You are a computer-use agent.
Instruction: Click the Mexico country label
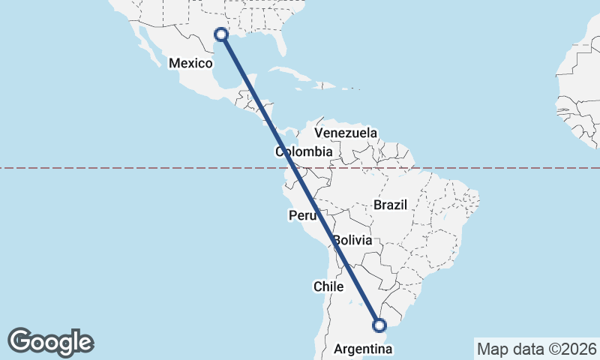click(x=190, y=64)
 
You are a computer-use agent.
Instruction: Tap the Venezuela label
click(x=346, y=133)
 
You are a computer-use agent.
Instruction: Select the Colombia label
click(x=304, y=152)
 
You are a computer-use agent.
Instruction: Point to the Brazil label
click(x=389, y=205)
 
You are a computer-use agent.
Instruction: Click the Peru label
click(x=302, y=216)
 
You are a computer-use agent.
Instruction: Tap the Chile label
click(x=328, y=286)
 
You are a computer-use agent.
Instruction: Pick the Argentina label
click(x=363, y=349)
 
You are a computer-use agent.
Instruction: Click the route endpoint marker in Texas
click(x=221, y=34)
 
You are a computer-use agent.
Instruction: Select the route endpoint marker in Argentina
click(x=379, y=325)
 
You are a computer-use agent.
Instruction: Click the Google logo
click(x=50, y=342)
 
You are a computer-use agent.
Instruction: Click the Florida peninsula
click(x=281, y=41)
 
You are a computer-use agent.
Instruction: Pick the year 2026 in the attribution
click(x=577, y=349)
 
